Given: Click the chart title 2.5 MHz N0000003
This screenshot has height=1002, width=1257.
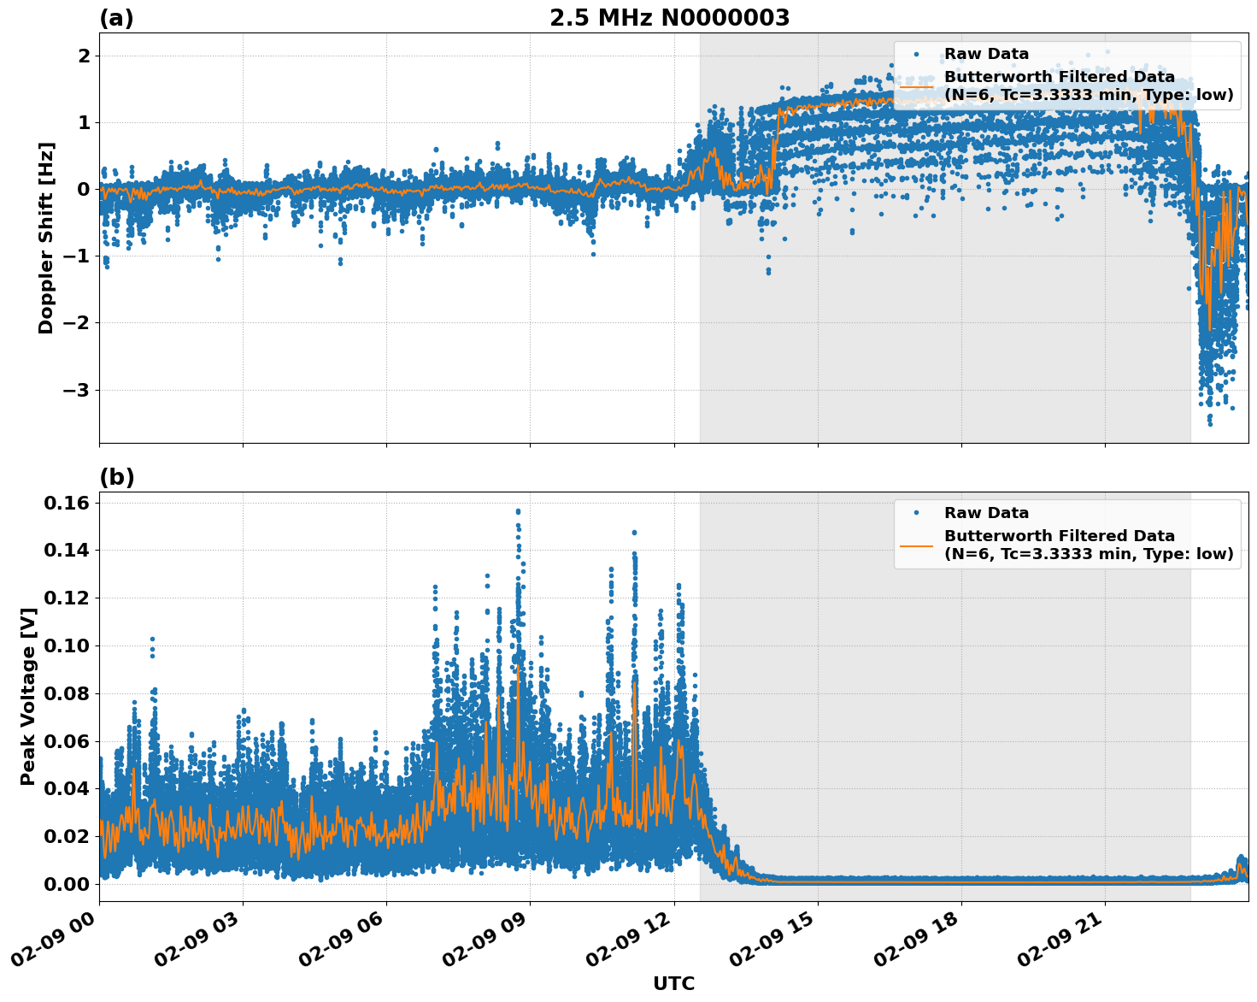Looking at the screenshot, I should pos(669,17).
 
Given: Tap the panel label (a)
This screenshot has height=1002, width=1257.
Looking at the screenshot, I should pos(116,18).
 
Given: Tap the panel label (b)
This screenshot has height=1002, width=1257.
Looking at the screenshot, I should pos(116,477).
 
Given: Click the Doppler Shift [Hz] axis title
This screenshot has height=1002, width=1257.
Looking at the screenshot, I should pos(46,238).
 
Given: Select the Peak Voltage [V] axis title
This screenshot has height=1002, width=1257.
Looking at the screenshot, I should pos(28,696).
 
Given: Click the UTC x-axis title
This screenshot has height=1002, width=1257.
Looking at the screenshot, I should pos(673,983).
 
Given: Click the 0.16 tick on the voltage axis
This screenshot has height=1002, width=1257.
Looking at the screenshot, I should pos(66,503).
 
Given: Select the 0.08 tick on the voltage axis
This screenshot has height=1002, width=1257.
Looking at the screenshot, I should pos(66,693).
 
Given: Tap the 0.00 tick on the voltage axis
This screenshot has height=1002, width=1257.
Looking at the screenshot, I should pos(66,883).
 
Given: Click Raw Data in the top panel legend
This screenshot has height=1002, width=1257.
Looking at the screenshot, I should pos(986,54).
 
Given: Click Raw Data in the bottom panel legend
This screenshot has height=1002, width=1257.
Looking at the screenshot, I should pos(986,513).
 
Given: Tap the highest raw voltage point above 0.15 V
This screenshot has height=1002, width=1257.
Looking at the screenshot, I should pos(518,511).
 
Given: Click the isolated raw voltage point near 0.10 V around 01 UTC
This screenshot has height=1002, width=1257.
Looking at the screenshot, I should pos(152,639).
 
